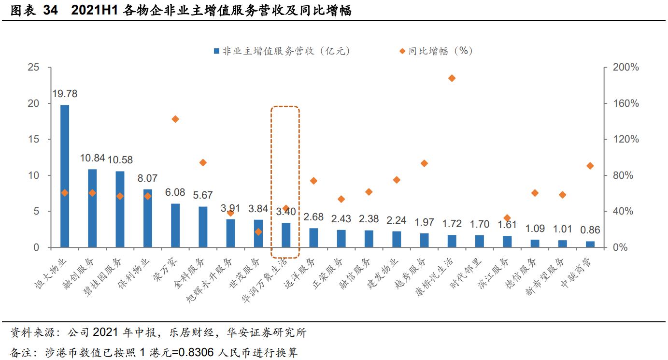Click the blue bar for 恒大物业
65,176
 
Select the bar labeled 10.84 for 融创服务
92,208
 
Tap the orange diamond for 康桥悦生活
452,78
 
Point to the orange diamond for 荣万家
175,119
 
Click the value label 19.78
65,94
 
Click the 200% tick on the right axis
625,67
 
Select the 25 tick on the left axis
33,67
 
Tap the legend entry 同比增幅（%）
435,51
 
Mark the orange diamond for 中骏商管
590,166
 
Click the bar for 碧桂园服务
120,209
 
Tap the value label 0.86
590,230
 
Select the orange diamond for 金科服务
203,163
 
